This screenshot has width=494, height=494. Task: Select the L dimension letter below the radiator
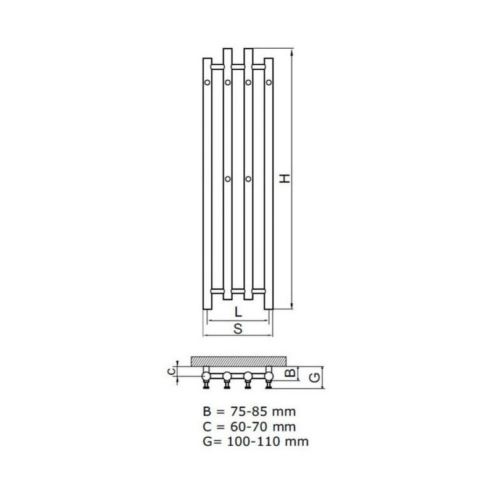pyautogui.click(x=238, y=312)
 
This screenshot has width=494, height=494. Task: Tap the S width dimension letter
pyautogui.click(x=238, y=329)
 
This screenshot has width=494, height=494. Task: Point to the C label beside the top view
pyautogui.click(x=174, y=371)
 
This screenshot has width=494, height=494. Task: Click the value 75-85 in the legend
pyautogui.click(x=244, y=412)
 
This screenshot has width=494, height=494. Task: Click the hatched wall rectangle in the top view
pyautogui.click(x=238, y=360)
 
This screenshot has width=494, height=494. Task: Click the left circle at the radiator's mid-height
pyautogui.click(x=228, y=179)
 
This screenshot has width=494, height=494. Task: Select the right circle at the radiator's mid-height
pyautogui.click(x=248, y=179)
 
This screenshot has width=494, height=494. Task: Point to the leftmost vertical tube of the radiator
pyautogui.click(x=208, y=185)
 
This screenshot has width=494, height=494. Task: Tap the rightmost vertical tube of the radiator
pyautogui.click(x=269, y=185)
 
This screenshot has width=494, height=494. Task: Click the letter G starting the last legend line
pyautogui.click(x=206, y=442)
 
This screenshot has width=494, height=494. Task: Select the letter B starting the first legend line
pyautogui.click(x=206, y=412)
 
